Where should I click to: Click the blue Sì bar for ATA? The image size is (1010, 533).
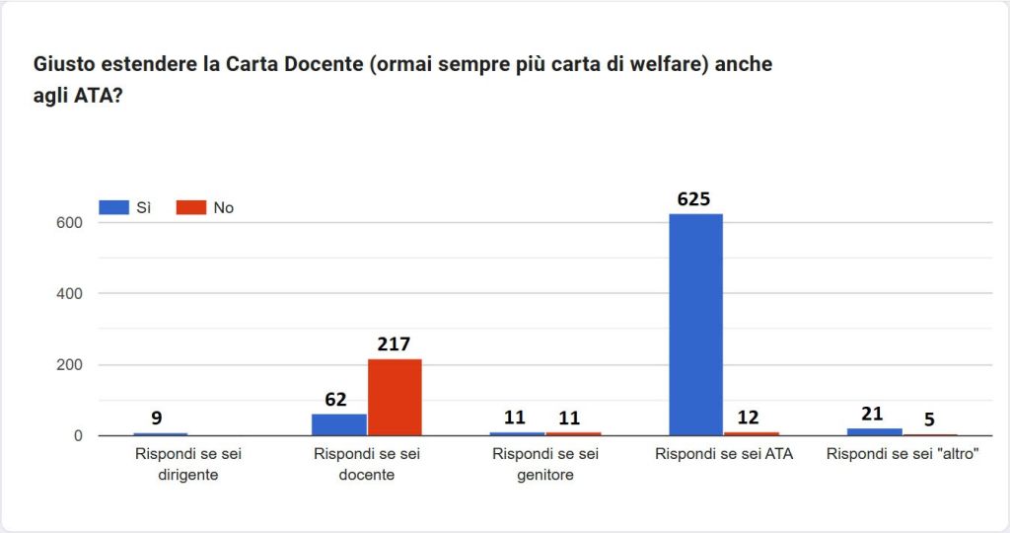click(x=695, y=325)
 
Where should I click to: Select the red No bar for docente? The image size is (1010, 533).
click(x=395, y=397)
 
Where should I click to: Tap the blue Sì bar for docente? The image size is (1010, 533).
click(x=338, y=424)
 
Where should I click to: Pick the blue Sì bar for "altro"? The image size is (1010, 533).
click(x=874, y=431)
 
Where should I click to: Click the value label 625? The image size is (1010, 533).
click(x=693, y=199)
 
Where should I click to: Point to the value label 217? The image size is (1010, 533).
click(x=396, y=344)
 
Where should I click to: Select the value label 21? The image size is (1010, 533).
click(x=871, y=414)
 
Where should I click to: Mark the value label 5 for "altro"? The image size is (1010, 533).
click(x=929, y=419)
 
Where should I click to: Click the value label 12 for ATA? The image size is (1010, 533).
click(x=750, y=417)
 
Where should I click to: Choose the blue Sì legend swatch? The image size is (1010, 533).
click(x=113, y=207)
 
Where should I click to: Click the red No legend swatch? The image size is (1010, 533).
click(x=190, y=207)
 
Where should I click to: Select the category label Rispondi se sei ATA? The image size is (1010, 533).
click(x=723, y=454)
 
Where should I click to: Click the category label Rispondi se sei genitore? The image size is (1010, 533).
click(x=545, y=464)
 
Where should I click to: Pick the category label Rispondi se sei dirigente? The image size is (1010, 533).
click(x=187, y=464)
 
